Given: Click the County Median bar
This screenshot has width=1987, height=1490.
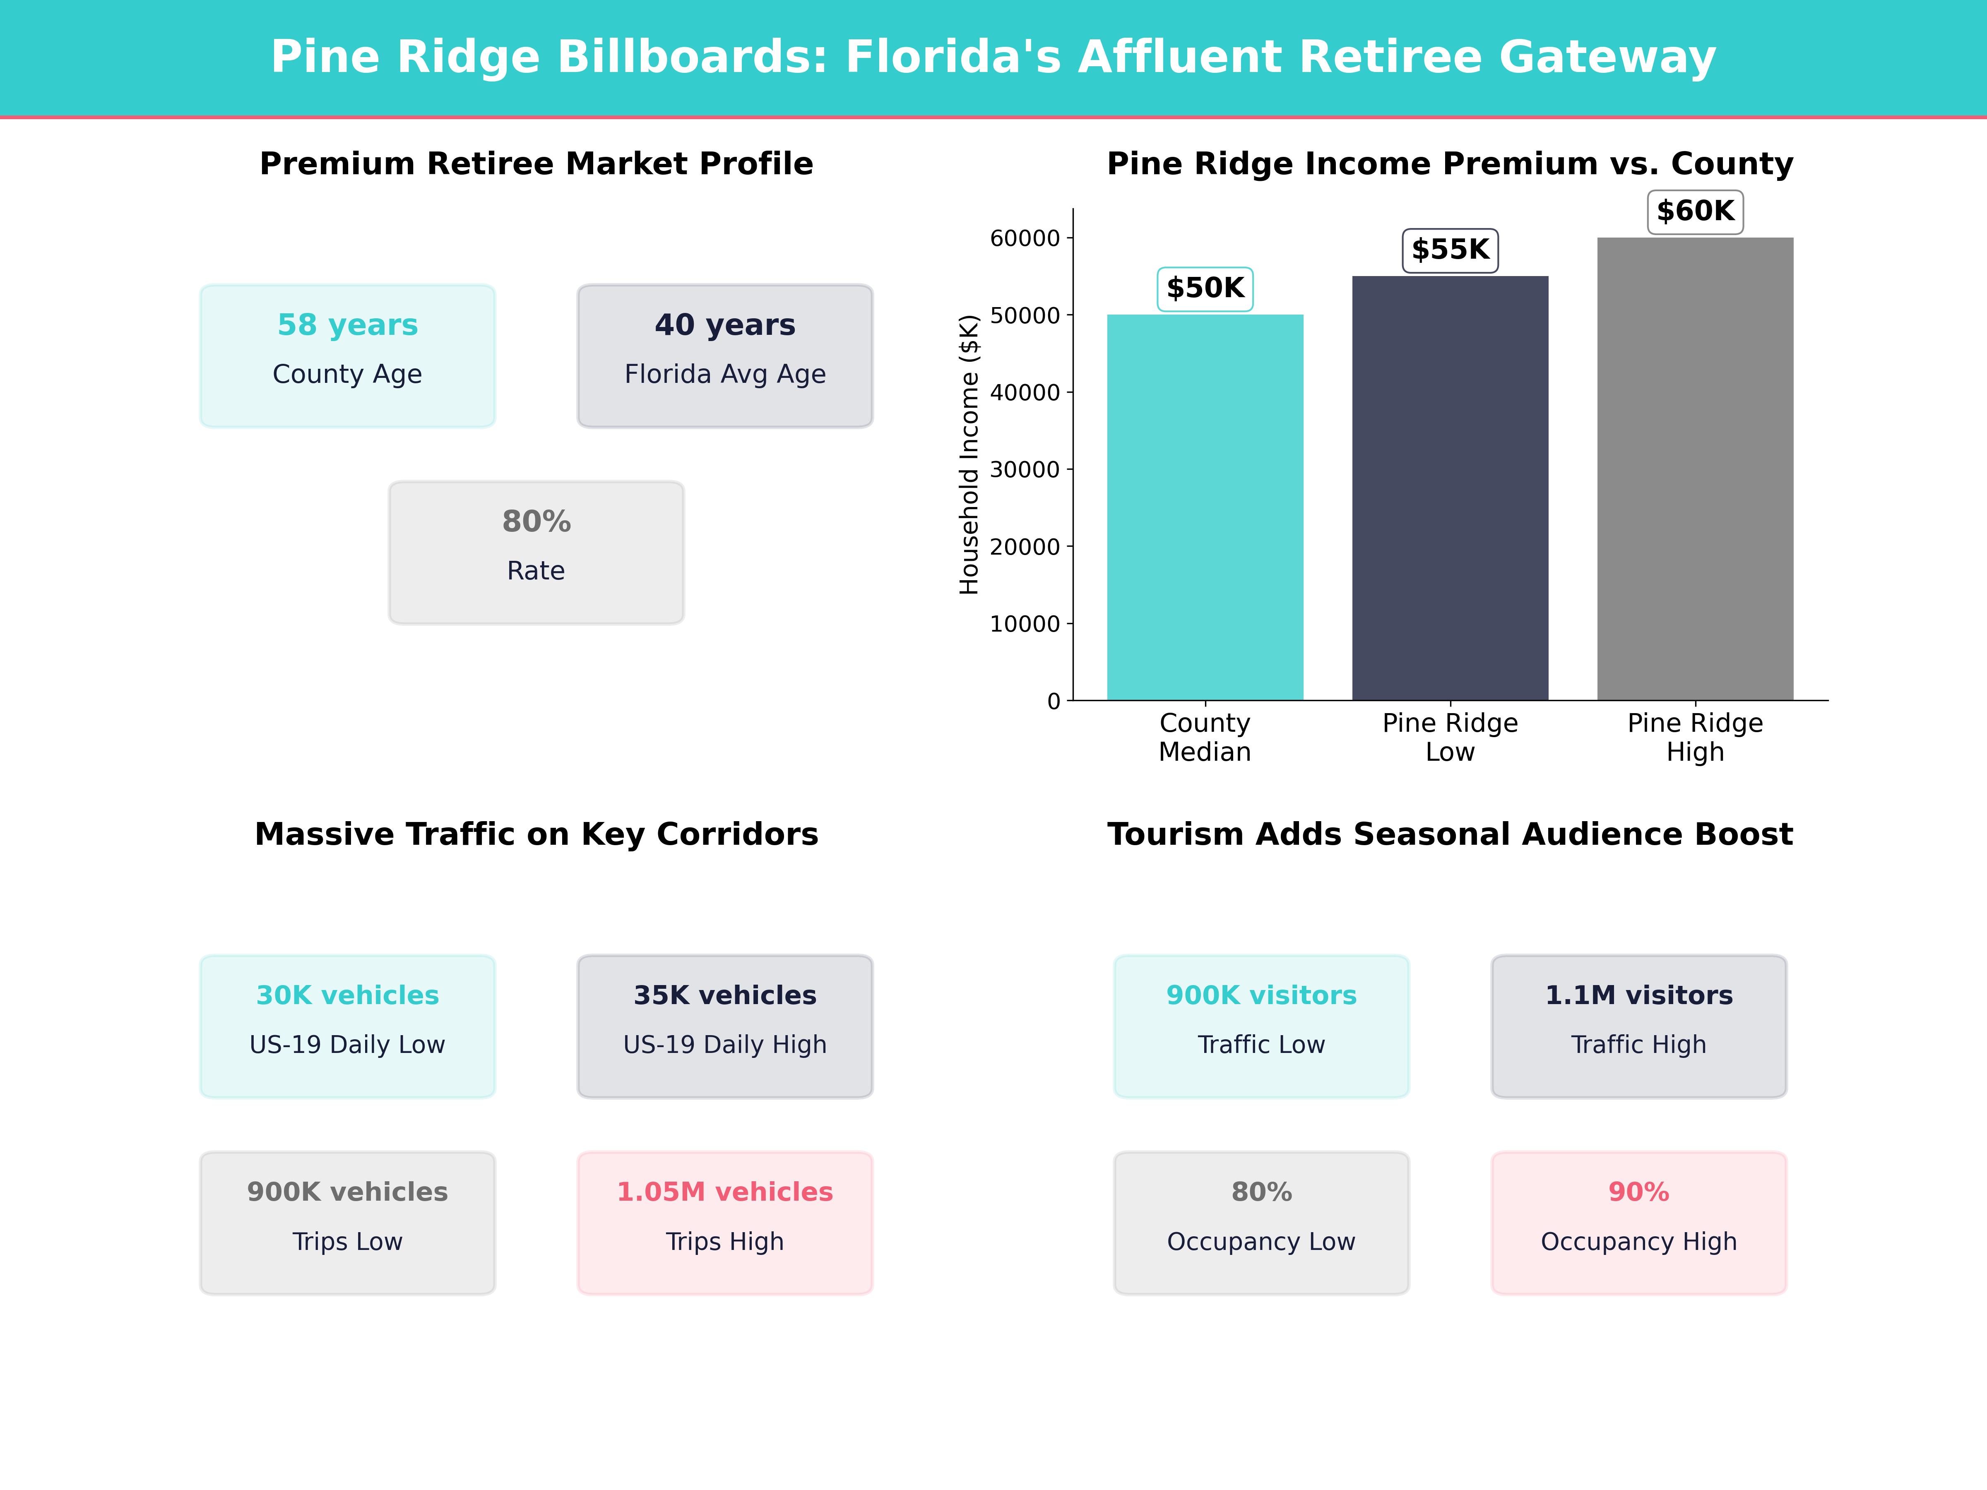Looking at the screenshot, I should click(1205, 507).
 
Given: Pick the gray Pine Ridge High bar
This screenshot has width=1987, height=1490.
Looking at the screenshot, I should click(1695, 469).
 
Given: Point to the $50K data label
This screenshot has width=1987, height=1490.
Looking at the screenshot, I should click(1205, 288).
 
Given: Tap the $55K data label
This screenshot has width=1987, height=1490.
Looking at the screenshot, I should click(1450, 250).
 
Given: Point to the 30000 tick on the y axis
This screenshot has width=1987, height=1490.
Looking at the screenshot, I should click(1025, 470).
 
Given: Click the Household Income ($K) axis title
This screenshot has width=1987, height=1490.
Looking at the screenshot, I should click(968, 454).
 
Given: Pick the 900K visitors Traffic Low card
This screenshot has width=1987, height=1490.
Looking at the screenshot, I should click(1261, 1026).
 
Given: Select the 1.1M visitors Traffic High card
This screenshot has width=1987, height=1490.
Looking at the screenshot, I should click(1638, 1026).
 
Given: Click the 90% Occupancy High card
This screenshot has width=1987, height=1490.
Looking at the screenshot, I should click(1638, 1222).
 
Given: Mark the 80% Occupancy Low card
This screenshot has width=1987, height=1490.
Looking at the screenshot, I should click(1261, 1222).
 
